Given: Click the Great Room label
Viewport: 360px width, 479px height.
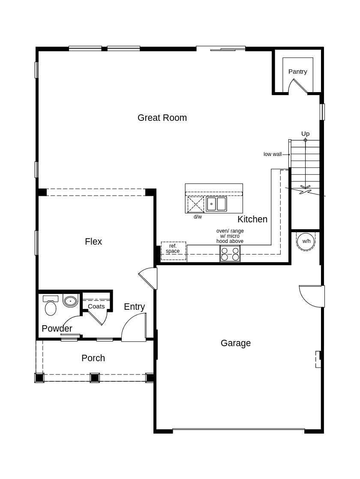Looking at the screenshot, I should [162, 118].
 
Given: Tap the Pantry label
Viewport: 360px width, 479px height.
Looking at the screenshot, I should [297, 72].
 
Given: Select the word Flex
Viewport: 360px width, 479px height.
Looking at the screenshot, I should [93, 242].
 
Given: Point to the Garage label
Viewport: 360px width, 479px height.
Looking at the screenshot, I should [235, 343].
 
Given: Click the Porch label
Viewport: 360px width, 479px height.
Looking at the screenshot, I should [93, 358].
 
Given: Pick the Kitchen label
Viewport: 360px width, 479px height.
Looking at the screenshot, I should [252, 219].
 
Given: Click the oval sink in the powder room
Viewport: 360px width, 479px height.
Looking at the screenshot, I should [70, 301].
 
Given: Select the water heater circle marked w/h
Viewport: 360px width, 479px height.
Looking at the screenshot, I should [306, 241].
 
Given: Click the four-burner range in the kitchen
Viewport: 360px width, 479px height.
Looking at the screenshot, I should [230, 254].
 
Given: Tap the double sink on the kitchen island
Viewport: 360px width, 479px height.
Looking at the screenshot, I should [216, 204].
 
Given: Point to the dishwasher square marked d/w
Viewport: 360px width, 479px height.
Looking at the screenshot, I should [196, 205].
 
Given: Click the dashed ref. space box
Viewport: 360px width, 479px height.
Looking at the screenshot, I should [173, 251].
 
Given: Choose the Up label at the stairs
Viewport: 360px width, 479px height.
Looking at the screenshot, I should [305, 134].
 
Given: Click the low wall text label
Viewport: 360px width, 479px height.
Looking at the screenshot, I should [273, 154].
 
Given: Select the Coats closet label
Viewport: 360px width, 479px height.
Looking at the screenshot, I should [96, 306].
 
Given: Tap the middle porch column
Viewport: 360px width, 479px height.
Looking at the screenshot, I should [95, 378].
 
